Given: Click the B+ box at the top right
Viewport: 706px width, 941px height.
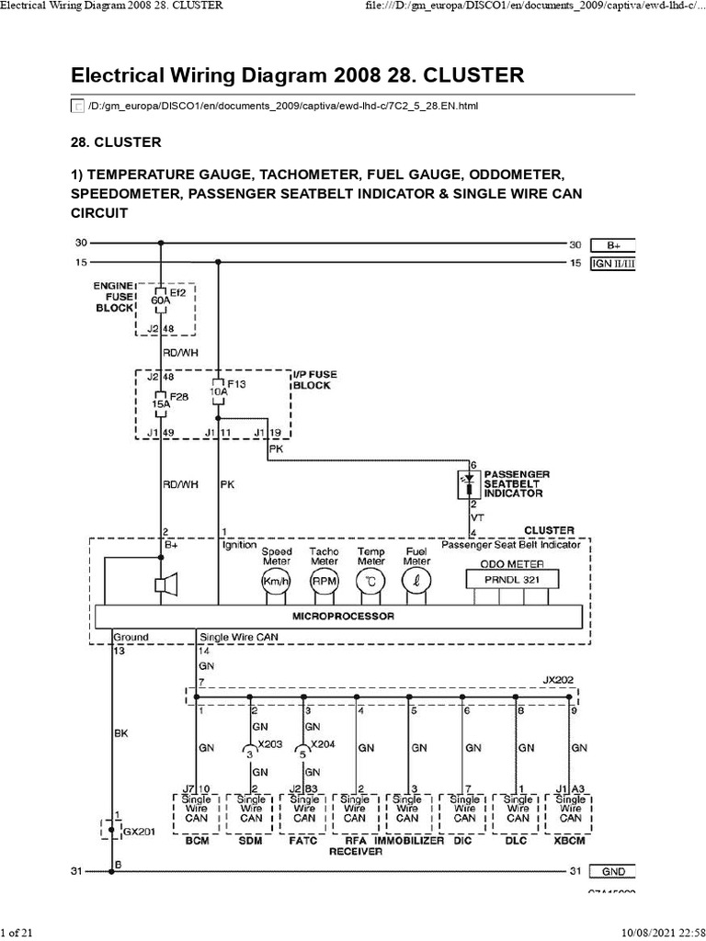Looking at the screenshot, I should (613, 244).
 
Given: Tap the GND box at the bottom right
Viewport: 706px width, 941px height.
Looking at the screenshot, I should (613, 871).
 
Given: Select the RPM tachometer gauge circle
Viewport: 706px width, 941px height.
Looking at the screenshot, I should (324, 582).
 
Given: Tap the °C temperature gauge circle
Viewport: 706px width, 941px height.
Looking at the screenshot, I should (370, 582).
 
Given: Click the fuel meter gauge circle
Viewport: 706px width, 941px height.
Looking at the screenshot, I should (417, 582).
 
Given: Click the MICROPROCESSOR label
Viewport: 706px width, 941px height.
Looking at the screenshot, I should (343, 616).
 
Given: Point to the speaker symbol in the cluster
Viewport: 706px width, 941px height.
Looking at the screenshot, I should (166, 584).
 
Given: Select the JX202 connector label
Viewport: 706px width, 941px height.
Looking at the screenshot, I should (557, 681).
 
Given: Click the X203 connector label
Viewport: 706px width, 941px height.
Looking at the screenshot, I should (271, 743).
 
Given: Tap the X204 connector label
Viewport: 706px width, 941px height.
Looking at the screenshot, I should (323, 743).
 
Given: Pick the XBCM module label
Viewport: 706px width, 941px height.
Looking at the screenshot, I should (571, 841).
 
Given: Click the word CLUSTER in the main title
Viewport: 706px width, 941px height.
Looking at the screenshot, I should (460, 74).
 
